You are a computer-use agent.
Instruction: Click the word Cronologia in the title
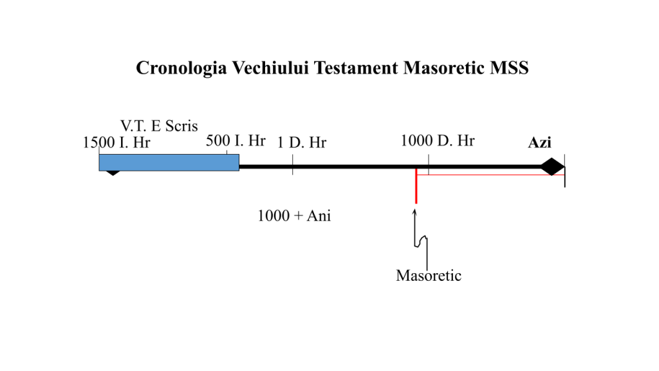click(x=181, y=68)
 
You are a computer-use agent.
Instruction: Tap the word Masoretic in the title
click(x=443, y=68)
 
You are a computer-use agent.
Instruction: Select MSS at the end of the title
click(x=509, y=68)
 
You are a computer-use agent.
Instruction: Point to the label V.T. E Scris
click(x=159, y=126)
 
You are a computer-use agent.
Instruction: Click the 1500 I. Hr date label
click(x=116, y=142)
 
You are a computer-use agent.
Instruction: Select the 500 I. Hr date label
click(x=236, y=140)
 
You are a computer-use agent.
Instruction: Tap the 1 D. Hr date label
click(x=301, y=142)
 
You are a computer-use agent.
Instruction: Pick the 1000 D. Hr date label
click(x=437, y=140)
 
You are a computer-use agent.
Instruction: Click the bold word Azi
click(x=539, y=142)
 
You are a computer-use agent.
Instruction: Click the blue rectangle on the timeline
click(x=169, y=162)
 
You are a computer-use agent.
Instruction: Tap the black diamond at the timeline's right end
click(x=552, y=167)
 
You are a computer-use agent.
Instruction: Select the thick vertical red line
click(x=416, y=186)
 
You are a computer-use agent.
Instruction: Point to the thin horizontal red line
click(x=490, y=175)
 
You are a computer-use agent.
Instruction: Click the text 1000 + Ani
click(x=294, y=216)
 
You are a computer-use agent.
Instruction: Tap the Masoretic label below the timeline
click(x=429, y=276)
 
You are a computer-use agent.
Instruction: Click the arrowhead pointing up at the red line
click(x=415, y=212)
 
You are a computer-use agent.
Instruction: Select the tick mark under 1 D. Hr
click(x=293, y=164)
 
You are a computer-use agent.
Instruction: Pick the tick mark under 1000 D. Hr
click(x=429, y=164)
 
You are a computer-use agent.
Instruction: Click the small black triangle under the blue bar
click(x=113, y=173)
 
